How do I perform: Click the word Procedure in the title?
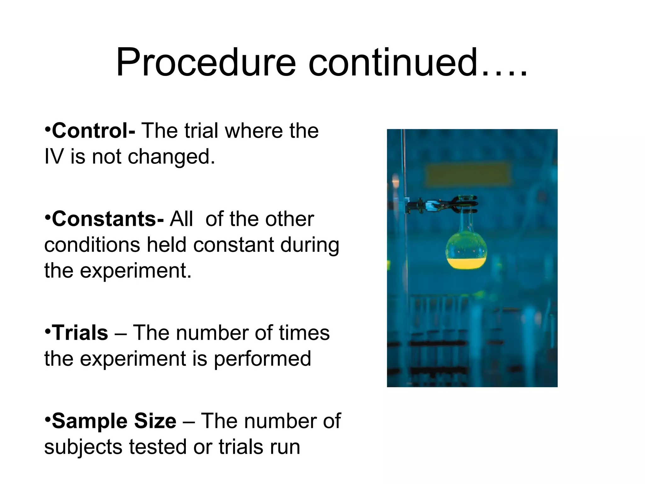(206, 63)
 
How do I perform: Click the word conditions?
(92, 245)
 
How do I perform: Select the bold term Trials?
(80, 333)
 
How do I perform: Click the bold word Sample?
(89, 421)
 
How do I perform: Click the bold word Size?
(155, 421)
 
